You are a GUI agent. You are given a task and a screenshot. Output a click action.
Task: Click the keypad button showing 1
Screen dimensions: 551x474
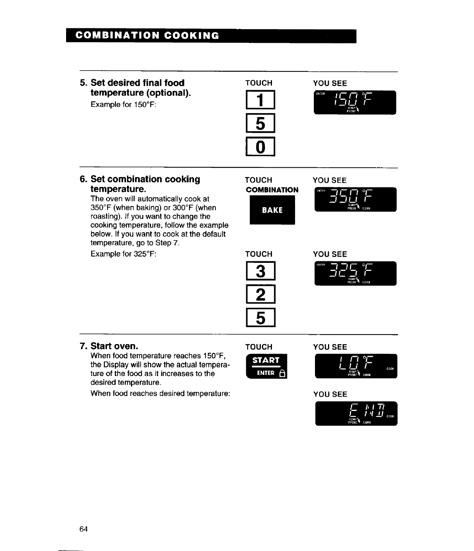tap(260, 100)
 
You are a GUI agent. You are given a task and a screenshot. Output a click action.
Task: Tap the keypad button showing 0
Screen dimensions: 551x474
tap(260, 147)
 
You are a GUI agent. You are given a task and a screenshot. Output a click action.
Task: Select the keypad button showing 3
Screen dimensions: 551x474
tap(260, 271)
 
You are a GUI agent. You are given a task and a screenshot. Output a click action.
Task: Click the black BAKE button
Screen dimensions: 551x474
tap(272, 210)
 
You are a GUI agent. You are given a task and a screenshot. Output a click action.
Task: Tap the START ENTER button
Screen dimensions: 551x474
tap(266, 366)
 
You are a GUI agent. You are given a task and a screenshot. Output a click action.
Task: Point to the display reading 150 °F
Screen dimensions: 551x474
tap(355, 102)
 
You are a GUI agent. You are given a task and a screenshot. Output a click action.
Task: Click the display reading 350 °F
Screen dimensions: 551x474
tap(355, 199)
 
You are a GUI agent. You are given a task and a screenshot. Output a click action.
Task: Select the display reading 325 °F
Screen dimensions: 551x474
tap(355, 273)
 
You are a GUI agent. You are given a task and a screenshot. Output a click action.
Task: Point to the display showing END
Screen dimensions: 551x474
tap(356, 414)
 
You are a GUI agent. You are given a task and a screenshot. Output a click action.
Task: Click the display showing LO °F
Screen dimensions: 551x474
tap(356, 366)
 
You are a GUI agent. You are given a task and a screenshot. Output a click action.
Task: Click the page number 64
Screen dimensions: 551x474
tap(83, 529)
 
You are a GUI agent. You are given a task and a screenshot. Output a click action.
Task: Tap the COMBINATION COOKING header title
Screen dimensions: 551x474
tap(148, 36)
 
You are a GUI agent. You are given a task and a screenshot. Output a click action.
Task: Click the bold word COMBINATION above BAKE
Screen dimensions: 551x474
tap(272, 190)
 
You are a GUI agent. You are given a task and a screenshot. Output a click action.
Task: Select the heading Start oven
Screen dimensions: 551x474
tap(114, 346)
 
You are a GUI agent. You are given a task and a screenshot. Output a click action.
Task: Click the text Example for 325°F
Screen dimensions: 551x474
tap(123, 254)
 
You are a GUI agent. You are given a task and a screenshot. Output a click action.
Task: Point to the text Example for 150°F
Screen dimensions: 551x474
tap(123, 105)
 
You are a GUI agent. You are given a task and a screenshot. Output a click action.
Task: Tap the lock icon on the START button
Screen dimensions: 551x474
tap(282, 373)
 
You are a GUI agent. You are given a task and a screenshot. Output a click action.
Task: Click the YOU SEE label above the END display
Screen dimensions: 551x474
tap(330, 394)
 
